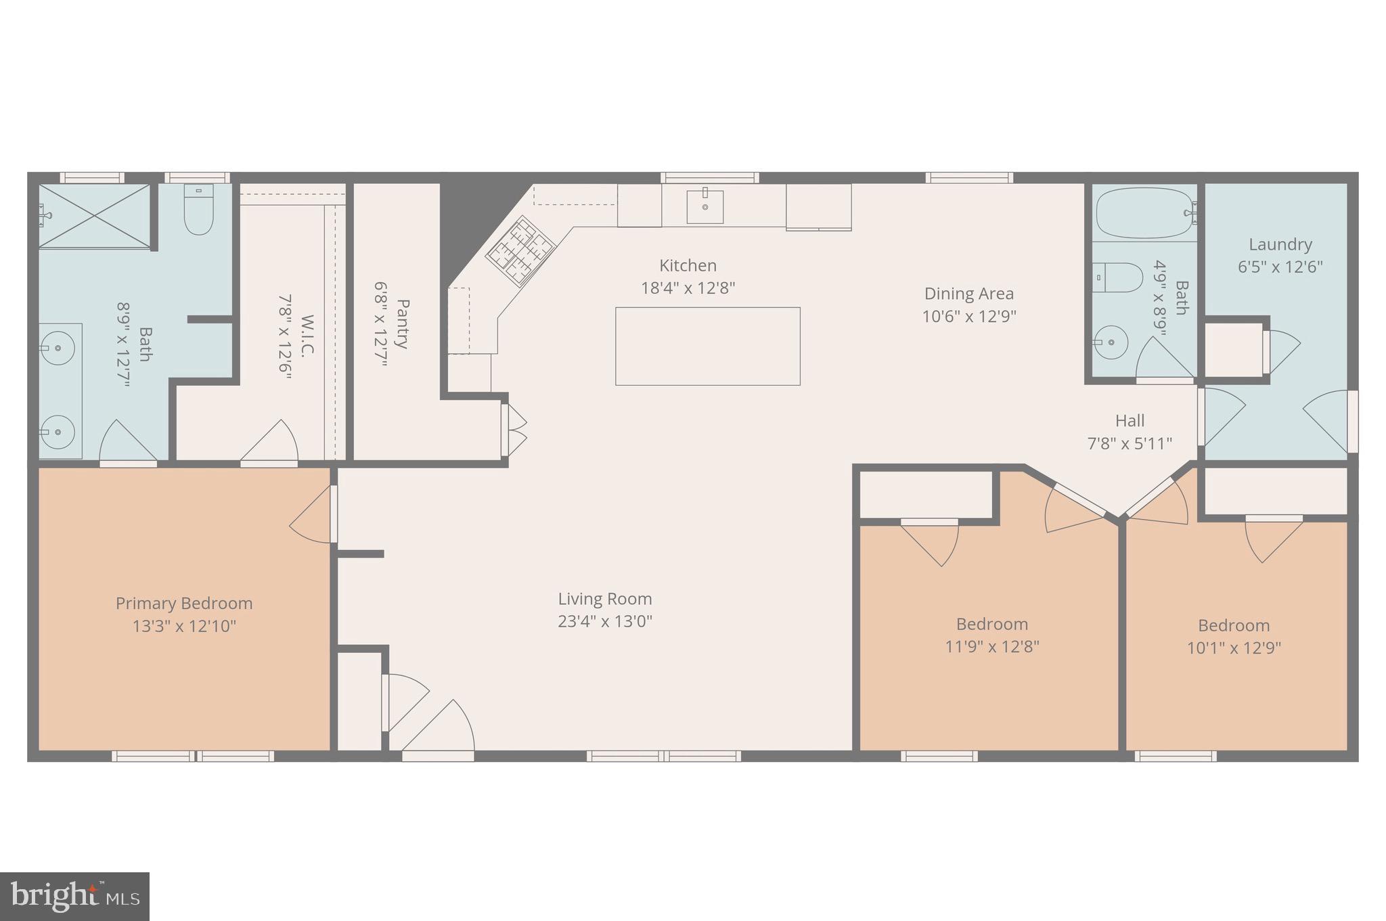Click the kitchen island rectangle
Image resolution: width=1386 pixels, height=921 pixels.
[707, 346]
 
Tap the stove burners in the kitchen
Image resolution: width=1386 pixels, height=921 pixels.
[520, 252]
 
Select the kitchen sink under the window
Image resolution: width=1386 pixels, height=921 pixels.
[705, 206]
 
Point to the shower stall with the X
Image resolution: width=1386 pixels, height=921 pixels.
[94, 216]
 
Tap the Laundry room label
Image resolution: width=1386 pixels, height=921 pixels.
[1280, 244]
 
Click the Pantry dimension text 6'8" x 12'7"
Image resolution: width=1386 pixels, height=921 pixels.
[382, 324]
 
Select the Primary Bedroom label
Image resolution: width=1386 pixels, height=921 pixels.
[184, 603]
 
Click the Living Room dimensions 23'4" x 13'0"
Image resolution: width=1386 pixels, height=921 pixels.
[604, 621]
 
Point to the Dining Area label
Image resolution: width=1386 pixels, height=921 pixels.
[968, 294]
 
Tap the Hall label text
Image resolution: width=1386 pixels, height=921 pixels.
[1130, 421]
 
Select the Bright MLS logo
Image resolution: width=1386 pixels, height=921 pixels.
[74, 896]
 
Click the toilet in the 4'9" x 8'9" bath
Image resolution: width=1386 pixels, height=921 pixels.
[1118, 277]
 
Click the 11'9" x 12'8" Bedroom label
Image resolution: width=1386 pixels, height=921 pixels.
[991, 624]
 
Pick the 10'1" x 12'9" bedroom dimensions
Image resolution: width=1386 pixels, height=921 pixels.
[1234, 648]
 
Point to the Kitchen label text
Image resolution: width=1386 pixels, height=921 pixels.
[688, 265]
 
